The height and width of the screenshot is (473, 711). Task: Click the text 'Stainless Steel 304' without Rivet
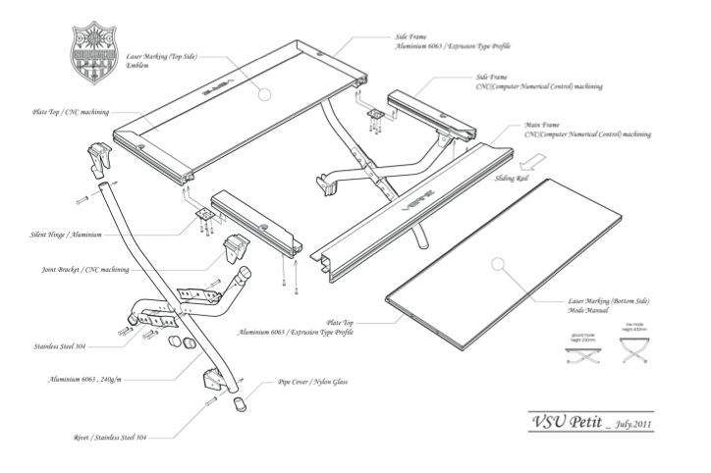tap(65, 346)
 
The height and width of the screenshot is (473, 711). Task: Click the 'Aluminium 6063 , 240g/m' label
tap(98, 379)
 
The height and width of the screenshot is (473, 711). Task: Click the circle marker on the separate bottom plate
tap(498, 263)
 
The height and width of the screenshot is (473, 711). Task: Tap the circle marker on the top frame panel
tap(261, 95)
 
